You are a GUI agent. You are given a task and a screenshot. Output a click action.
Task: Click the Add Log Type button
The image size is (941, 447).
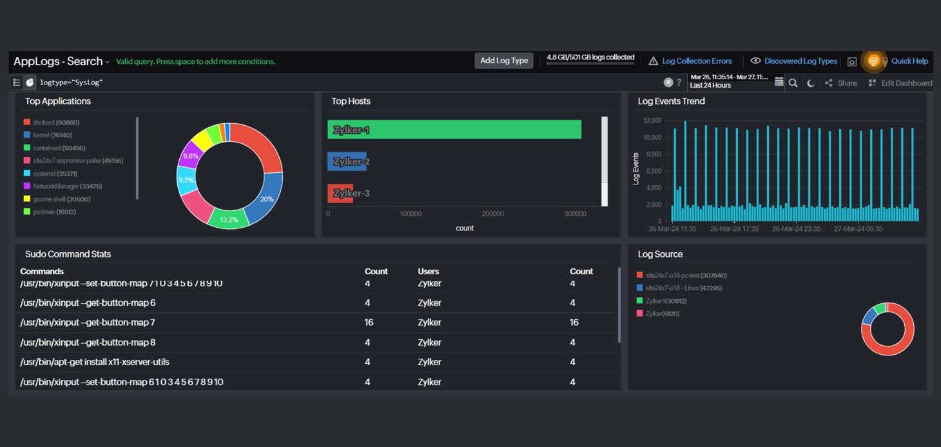tap(504, 61)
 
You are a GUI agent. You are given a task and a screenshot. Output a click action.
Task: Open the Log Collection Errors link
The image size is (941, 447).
tap(697, 61)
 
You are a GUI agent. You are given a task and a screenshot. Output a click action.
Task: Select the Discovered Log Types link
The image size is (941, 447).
tap(800, 61)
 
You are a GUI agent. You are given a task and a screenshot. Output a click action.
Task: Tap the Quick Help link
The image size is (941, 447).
tap(909, 61)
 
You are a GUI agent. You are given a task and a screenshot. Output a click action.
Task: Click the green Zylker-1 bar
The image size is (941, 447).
tap(454, 130)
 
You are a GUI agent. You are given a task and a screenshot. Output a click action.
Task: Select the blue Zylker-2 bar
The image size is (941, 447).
tap(347, 161)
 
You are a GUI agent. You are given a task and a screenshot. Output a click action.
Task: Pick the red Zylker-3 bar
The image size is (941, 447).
tap(340, 193)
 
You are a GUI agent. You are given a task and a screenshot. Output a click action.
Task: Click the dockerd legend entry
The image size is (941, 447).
tap(56, 123)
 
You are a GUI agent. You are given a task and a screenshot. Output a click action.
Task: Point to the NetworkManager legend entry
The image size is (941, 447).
tap(67, 186)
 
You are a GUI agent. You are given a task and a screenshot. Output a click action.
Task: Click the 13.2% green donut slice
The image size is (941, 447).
tap(228, 219)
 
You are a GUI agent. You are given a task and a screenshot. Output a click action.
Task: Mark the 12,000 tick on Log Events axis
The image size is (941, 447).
tap(652, 121)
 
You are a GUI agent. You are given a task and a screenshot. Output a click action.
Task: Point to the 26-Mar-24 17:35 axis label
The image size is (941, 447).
tap(734, 229)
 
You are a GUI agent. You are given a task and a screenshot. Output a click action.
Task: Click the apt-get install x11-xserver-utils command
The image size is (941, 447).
tap(95, 362)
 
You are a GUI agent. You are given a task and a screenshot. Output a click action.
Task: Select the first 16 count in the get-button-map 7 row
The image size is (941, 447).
tap(369, 323)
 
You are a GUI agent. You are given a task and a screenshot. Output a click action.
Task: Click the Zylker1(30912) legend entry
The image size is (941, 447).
tap(666, 301)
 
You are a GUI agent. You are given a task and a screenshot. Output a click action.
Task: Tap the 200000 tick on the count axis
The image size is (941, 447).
tap(493, 214)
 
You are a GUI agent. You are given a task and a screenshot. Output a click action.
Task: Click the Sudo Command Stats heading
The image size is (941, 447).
tap(68, 254)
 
